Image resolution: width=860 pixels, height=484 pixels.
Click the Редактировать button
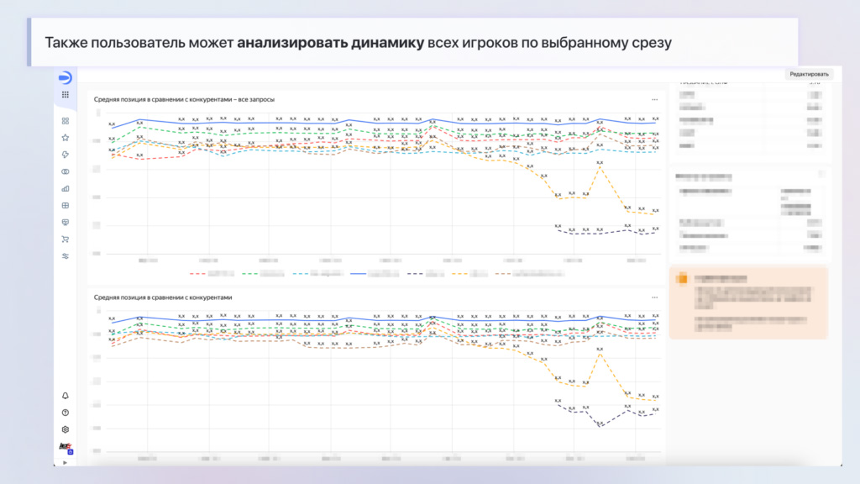[809, 74]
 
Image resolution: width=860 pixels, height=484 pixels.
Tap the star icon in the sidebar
[66, 137]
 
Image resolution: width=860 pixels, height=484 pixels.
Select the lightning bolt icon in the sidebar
[66, 155]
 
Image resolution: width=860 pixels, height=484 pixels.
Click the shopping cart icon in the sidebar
[66, 239]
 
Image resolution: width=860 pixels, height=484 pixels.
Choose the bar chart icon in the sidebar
[66, 188]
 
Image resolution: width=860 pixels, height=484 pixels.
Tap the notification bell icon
[66, 396]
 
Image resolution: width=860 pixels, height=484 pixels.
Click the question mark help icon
[66, 413]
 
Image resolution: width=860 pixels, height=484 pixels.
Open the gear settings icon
[66, 429]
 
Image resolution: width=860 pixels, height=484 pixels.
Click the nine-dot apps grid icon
[66, 95]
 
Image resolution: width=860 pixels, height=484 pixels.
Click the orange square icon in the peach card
[683, 278]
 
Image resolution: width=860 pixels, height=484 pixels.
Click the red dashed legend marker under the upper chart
[198, 273]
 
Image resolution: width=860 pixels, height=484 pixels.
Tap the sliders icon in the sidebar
[66, 256]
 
